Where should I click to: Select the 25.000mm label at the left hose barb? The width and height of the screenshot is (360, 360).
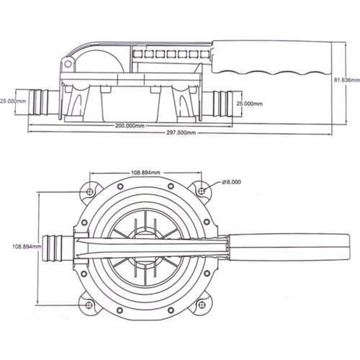12,102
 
